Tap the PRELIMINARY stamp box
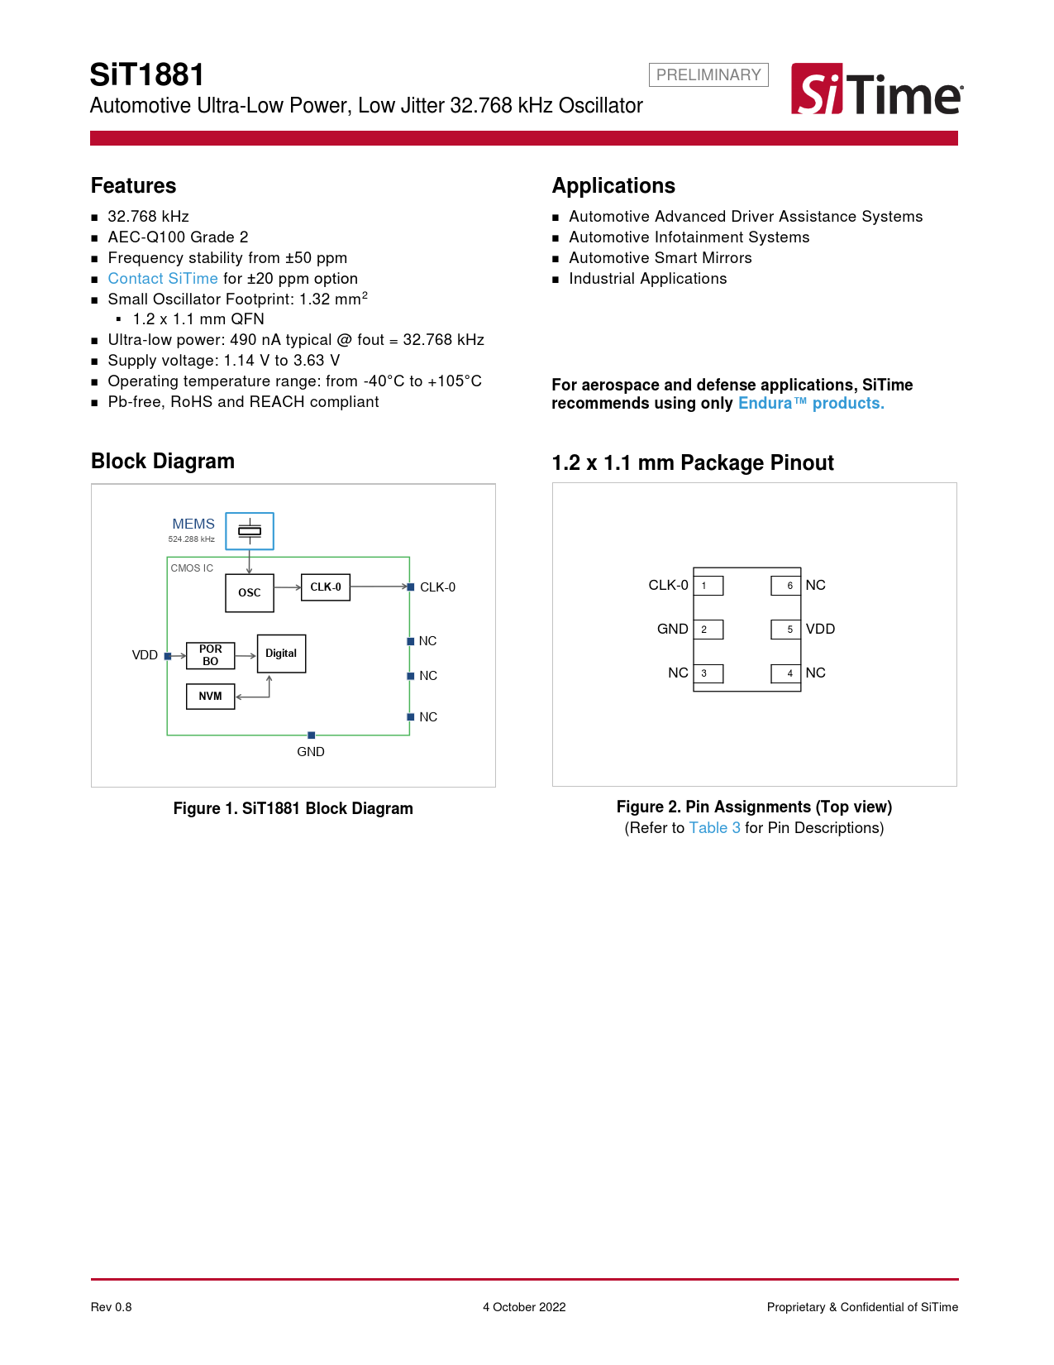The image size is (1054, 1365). (x=708, y=75)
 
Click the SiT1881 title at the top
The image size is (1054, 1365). (x=147, y=75)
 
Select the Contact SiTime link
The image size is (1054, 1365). (x=163, y=279)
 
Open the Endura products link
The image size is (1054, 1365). (x=810, y=404)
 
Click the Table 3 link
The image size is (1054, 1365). (x=714, y=828)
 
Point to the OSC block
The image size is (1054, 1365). (x=250, y=593)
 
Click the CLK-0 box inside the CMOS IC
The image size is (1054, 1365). (x=325, y=587)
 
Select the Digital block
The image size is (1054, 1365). (x=281, y=654)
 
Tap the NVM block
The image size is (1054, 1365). (x=211, y=697)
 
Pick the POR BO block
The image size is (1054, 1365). (x=211, y=655)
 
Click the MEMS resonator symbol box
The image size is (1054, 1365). (x=250, y=531)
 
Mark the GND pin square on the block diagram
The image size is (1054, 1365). (x=311, y=735)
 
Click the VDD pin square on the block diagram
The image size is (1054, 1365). (x=168, y=656)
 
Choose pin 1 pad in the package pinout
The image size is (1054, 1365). (x=708, y=586)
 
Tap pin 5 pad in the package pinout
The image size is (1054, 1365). (x=786, y=630)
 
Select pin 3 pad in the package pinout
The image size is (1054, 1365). (x=708, y=673)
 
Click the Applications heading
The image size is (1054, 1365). (x=613, y=186)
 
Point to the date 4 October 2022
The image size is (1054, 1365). (x=524, y=1307)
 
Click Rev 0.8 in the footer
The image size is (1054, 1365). (x=112, y=1307)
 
